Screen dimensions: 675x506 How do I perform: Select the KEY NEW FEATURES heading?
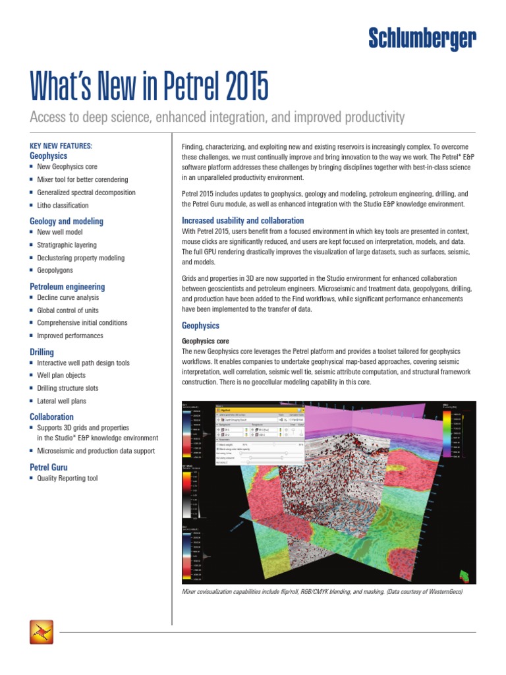tap(61, 145)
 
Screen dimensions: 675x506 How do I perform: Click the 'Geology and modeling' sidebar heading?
tap(67, 221)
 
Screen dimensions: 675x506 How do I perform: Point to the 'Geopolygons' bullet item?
tap(55, 271)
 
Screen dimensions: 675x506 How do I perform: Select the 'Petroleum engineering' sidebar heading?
tap(67, 287)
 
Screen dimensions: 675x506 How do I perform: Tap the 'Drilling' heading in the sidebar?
tap(42, 353)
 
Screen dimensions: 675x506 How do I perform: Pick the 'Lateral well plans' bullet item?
tap(61, 401)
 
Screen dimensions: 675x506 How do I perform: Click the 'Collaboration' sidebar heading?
tap(51, 417)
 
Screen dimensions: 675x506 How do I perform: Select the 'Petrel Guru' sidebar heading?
tap(48, 467)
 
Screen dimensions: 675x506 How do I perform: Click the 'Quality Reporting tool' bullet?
tap(67, 478)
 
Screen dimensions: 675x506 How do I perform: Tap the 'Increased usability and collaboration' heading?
tap(242, 220)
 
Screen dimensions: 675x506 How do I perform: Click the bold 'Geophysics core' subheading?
tap(205, 341)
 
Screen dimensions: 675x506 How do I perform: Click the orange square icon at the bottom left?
tap(42, 632)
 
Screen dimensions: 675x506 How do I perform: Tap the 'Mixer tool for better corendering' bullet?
tap(82, 179)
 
